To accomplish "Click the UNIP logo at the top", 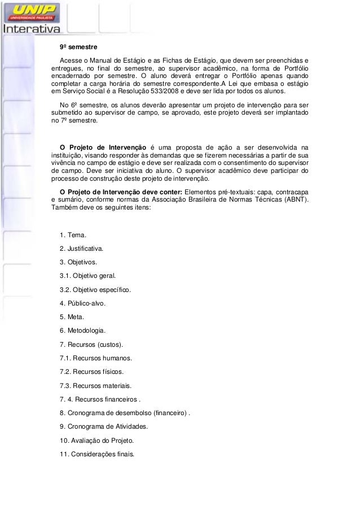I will pyautogui.click(x=34, y=11).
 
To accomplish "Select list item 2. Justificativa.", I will pyautogui.click(x=81, y=249).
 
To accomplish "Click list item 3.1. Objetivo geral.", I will pyautogui.click(x=87, y=276).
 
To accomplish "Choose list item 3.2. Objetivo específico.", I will pyautogui.click(x=95, y=290).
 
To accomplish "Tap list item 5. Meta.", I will pyautogui.click(x=72, y=317).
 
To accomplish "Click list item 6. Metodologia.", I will pyautogui.click(x=82, y=330).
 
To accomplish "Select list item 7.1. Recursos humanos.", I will pyautogui.click(x=95, y=358).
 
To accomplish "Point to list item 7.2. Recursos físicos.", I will pyautogui.click(x=91, y=372).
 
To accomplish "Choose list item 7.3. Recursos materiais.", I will pyautogui.click(x=95, y=385).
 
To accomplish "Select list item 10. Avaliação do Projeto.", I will pyautogui.click(x=96, y=440).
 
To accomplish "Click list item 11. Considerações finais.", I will pyautogui.click(x=97, y=454).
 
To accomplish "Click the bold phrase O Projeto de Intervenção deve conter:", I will pyautogui.click(x=117, y=191).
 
